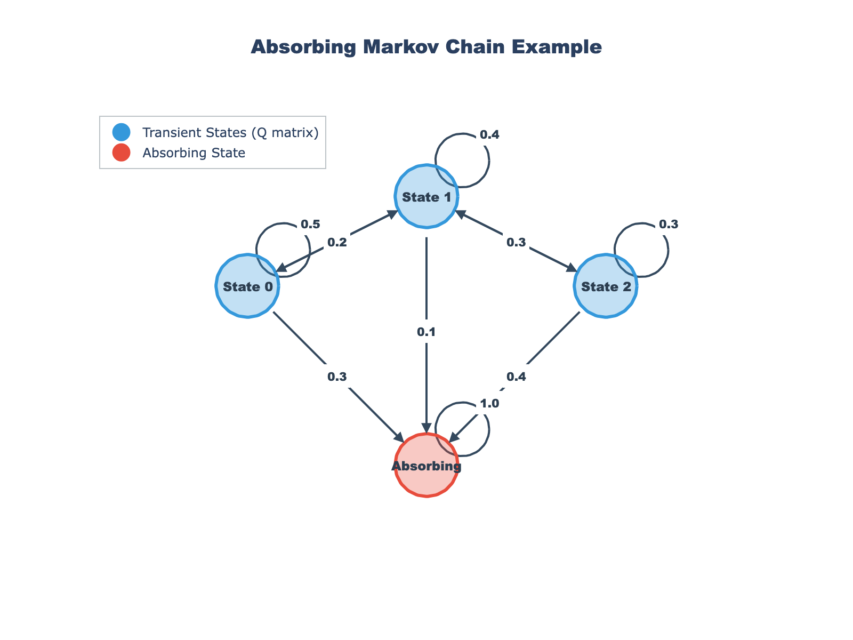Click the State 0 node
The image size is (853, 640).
pyautogui.click(x=248, y=286)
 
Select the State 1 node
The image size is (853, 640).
pyautogui.click(x=426, y=197)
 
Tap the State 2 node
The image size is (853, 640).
pyautogui.click(x=606, y=286)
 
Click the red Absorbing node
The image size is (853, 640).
pyautogui.click(x=426, y=466)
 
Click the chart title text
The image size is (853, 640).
pyautogui.click(x=426, y=47)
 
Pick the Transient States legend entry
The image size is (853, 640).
pyautogui.click(x=230, y=132)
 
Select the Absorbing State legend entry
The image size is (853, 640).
pyautogui.click(x=194, y=153)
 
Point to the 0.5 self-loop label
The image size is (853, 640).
pyautogui.click(x=310, y=225)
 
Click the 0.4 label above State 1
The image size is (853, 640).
pyautogui.click(x=489, y=135)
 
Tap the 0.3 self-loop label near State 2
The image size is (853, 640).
pyautogui.click(x=669, y=225)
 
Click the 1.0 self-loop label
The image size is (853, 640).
pyautogui.click(x=489, y=404)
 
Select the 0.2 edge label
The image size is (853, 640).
pyautogui.click(x=337, y=242)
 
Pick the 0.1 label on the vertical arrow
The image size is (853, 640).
pyautogui.click(x=426, y=332)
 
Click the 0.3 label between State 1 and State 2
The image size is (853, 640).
pyautogui.click(x=516, y=242)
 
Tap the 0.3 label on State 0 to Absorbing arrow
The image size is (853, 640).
pyautogui.click(x=337, y=377)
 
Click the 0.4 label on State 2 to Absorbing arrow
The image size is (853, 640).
pyautogui.click(x=516, y=377)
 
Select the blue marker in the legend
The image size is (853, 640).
pyautogui.click(x=122, y=132)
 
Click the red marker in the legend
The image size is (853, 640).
pyautogui.click(x=122, y=153)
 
